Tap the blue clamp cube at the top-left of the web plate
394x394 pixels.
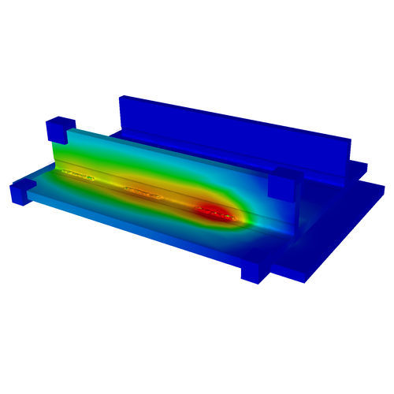(59, 131)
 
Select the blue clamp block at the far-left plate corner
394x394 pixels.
(22, 191)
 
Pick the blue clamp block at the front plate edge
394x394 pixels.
(255, 270)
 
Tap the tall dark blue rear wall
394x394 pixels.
(236, 134)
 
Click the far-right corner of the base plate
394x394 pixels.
(381, 189)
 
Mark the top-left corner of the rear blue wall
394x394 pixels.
(121, 98)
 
